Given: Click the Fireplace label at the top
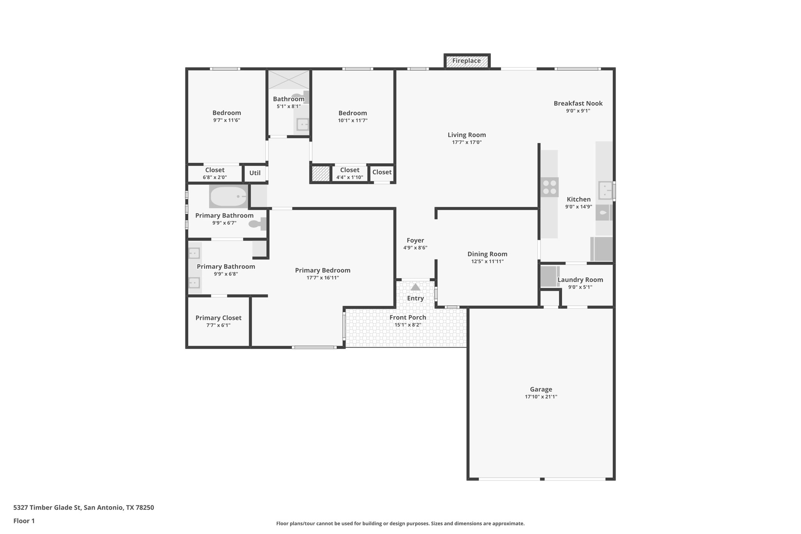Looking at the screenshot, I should [466, 61].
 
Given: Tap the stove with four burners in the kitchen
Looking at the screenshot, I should [550, 187].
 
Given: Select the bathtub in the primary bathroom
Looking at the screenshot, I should [228, 197].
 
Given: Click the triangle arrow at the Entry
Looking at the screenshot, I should [415, 287].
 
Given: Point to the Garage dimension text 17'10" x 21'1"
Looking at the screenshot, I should [541, 397].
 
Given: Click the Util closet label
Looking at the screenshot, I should [255, 173].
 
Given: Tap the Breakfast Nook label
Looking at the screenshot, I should [578, 103].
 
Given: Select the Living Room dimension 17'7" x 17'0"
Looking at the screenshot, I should [467, 142].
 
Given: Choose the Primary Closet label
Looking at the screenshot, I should [218, 318].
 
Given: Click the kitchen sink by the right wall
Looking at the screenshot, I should [605, 191].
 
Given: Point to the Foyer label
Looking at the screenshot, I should [415, 241].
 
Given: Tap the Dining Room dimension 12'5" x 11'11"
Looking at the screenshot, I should [487, 261].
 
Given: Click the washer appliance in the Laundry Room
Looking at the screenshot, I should [548, 276].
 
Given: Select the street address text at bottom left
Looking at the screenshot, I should [84, 508].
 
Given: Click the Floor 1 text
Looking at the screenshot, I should [24, 521].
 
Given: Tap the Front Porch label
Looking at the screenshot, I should [408, 317].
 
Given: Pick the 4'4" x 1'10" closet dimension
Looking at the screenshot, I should [350, 177].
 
